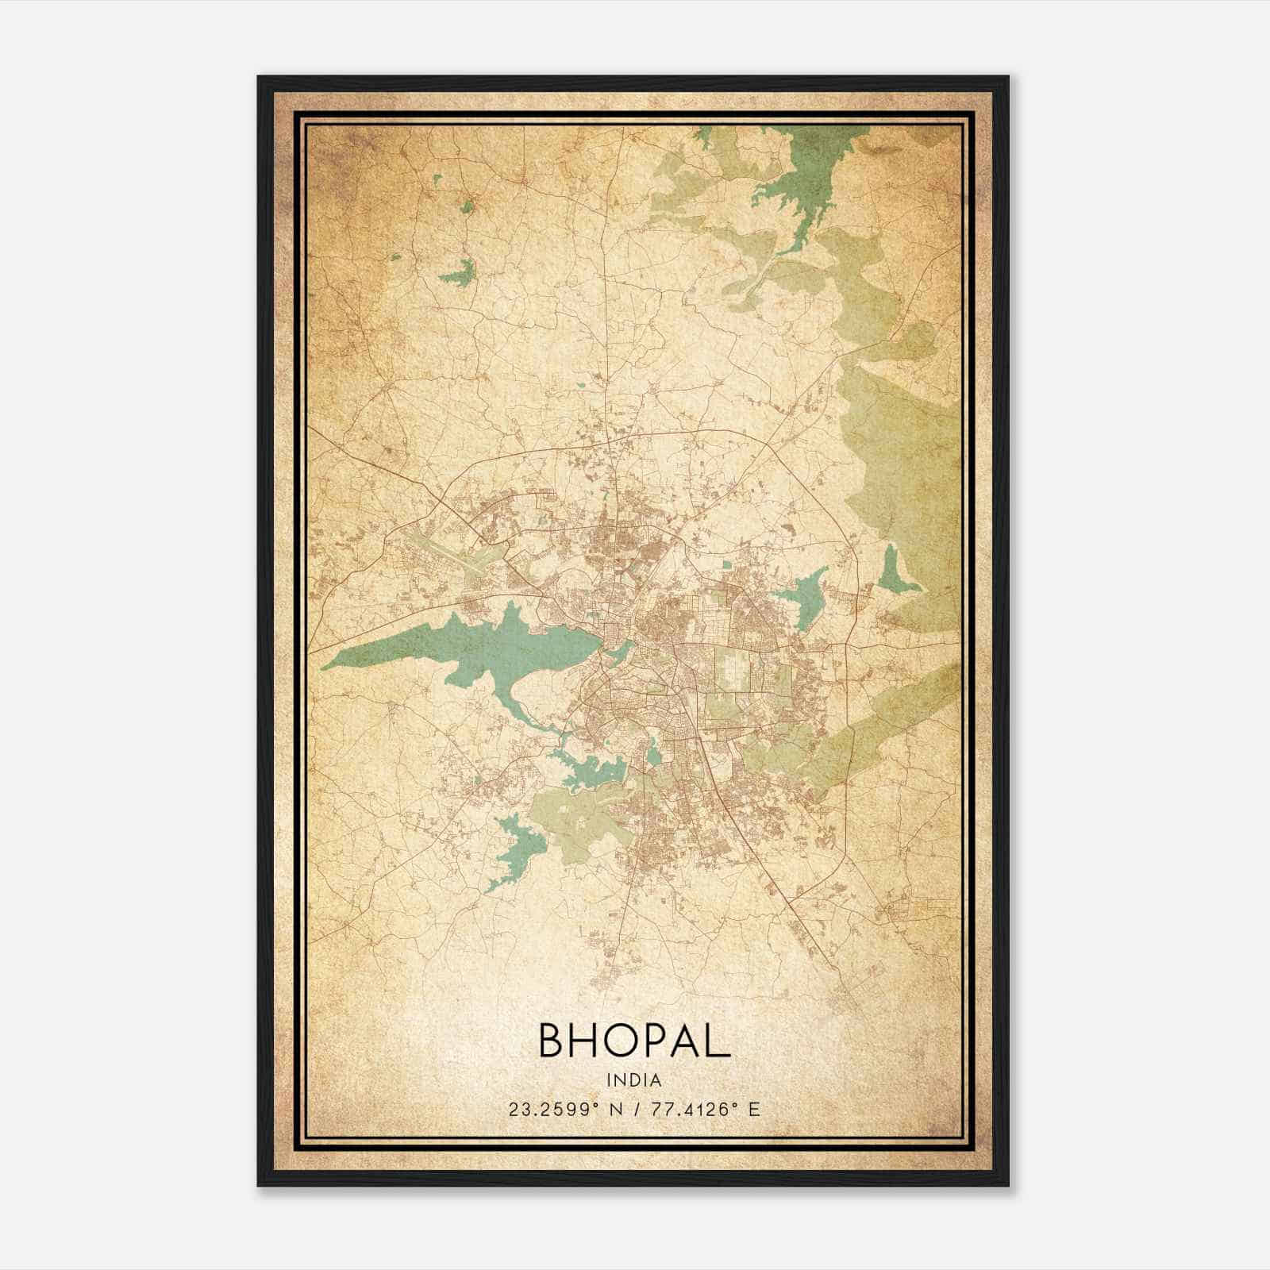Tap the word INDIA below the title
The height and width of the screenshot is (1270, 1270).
634,1079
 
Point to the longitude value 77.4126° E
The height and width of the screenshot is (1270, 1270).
705,1109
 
